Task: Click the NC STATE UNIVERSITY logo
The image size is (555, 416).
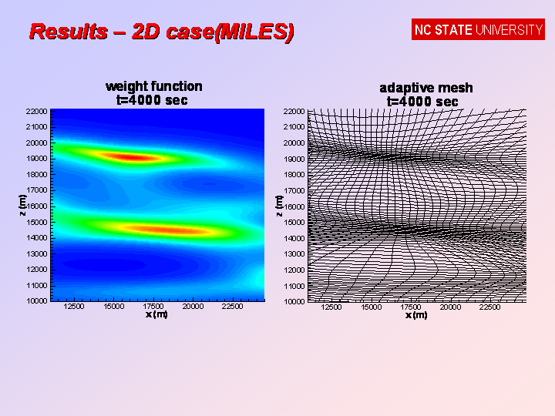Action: tap(478, 29)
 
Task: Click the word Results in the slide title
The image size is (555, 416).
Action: tap(69, 31)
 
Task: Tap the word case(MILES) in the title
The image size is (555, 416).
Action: tap(213, 32)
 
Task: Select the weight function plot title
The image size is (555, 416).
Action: tap(154, 86)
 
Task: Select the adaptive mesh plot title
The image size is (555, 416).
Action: tap(426, 88)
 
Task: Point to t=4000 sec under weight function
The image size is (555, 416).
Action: tap(152, 100)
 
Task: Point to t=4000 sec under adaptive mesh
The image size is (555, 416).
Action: tap(422, 102)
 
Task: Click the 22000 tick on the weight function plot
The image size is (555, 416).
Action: tap(36, 112)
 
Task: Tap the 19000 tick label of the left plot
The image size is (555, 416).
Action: tap(36, 159)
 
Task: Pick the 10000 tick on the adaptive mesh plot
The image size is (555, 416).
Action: tap(294, 301)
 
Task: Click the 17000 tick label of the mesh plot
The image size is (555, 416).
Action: tap(294, 191)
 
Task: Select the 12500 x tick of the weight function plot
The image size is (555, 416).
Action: tap(74, 307)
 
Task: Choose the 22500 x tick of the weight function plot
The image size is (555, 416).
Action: tap(232, 307)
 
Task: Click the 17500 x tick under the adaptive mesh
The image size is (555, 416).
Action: tap(411, 307)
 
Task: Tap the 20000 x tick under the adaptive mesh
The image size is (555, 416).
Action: tap(450, 307)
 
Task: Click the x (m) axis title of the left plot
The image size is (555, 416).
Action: tap(156, 314)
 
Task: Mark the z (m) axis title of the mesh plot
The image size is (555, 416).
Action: tap(279, 206)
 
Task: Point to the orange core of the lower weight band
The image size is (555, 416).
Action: tap(166, 230)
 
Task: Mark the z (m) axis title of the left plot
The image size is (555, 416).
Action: tap(22, 205)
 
